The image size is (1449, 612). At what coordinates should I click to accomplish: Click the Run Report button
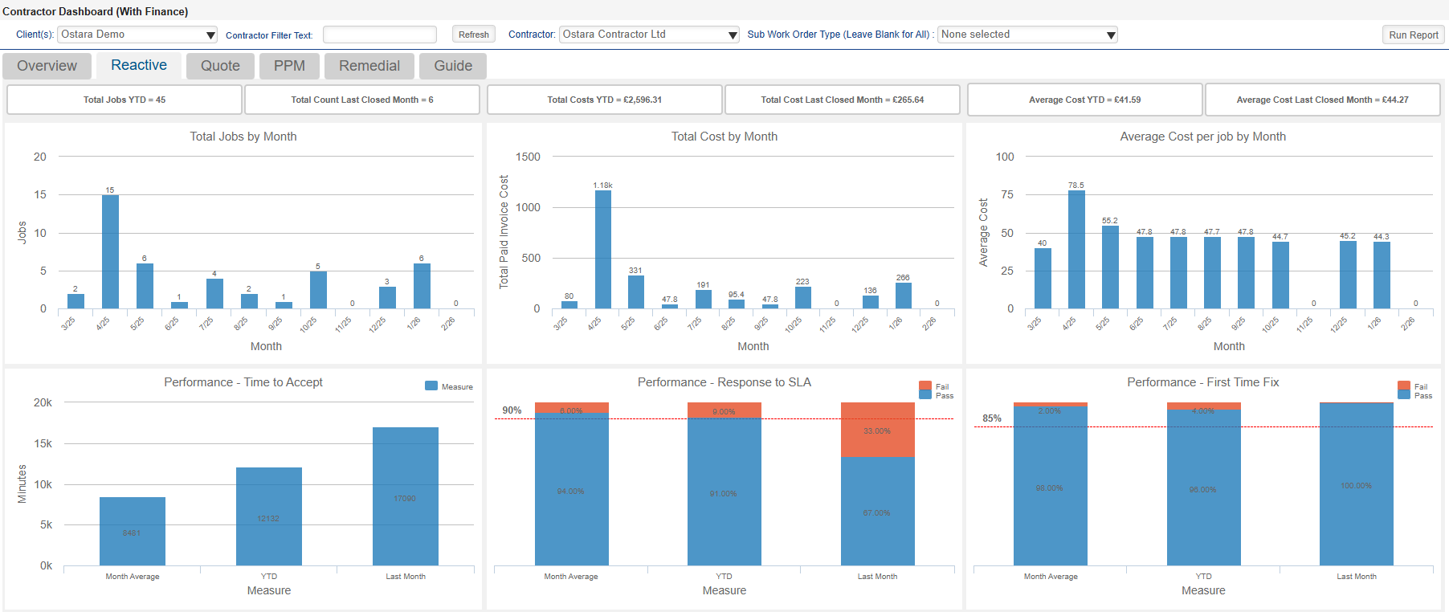point(1413,35)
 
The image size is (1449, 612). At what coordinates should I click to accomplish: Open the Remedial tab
point(369,66)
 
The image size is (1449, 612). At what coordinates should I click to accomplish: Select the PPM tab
point(289,66)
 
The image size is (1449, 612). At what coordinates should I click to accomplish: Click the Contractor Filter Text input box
point(379,35)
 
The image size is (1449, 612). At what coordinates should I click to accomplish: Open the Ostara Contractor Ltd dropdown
point(649,35)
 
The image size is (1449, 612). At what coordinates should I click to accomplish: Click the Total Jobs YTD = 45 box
point(124,100)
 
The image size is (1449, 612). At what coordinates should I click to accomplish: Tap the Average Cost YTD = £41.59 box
point(1084,100)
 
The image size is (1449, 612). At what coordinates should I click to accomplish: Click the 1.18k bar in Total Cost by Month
point(602,249)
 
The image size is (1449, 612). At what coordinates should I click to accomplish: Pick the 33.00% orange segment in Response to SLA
point(877,430)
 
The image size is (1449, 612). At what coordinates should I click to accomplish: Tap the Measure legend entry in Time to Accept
point(449,386)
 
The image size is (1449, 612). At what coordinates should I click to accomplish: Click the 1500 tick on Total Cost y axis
point(528,157)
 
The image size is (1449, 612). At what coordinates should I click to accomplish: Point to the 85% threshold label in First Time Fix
point(992,418)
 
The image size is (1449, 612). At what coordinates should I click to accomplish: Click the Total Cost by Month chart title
point(724,137)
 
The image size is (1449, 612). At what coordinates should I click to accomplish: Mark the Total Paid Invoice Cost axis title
point(504,232)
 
